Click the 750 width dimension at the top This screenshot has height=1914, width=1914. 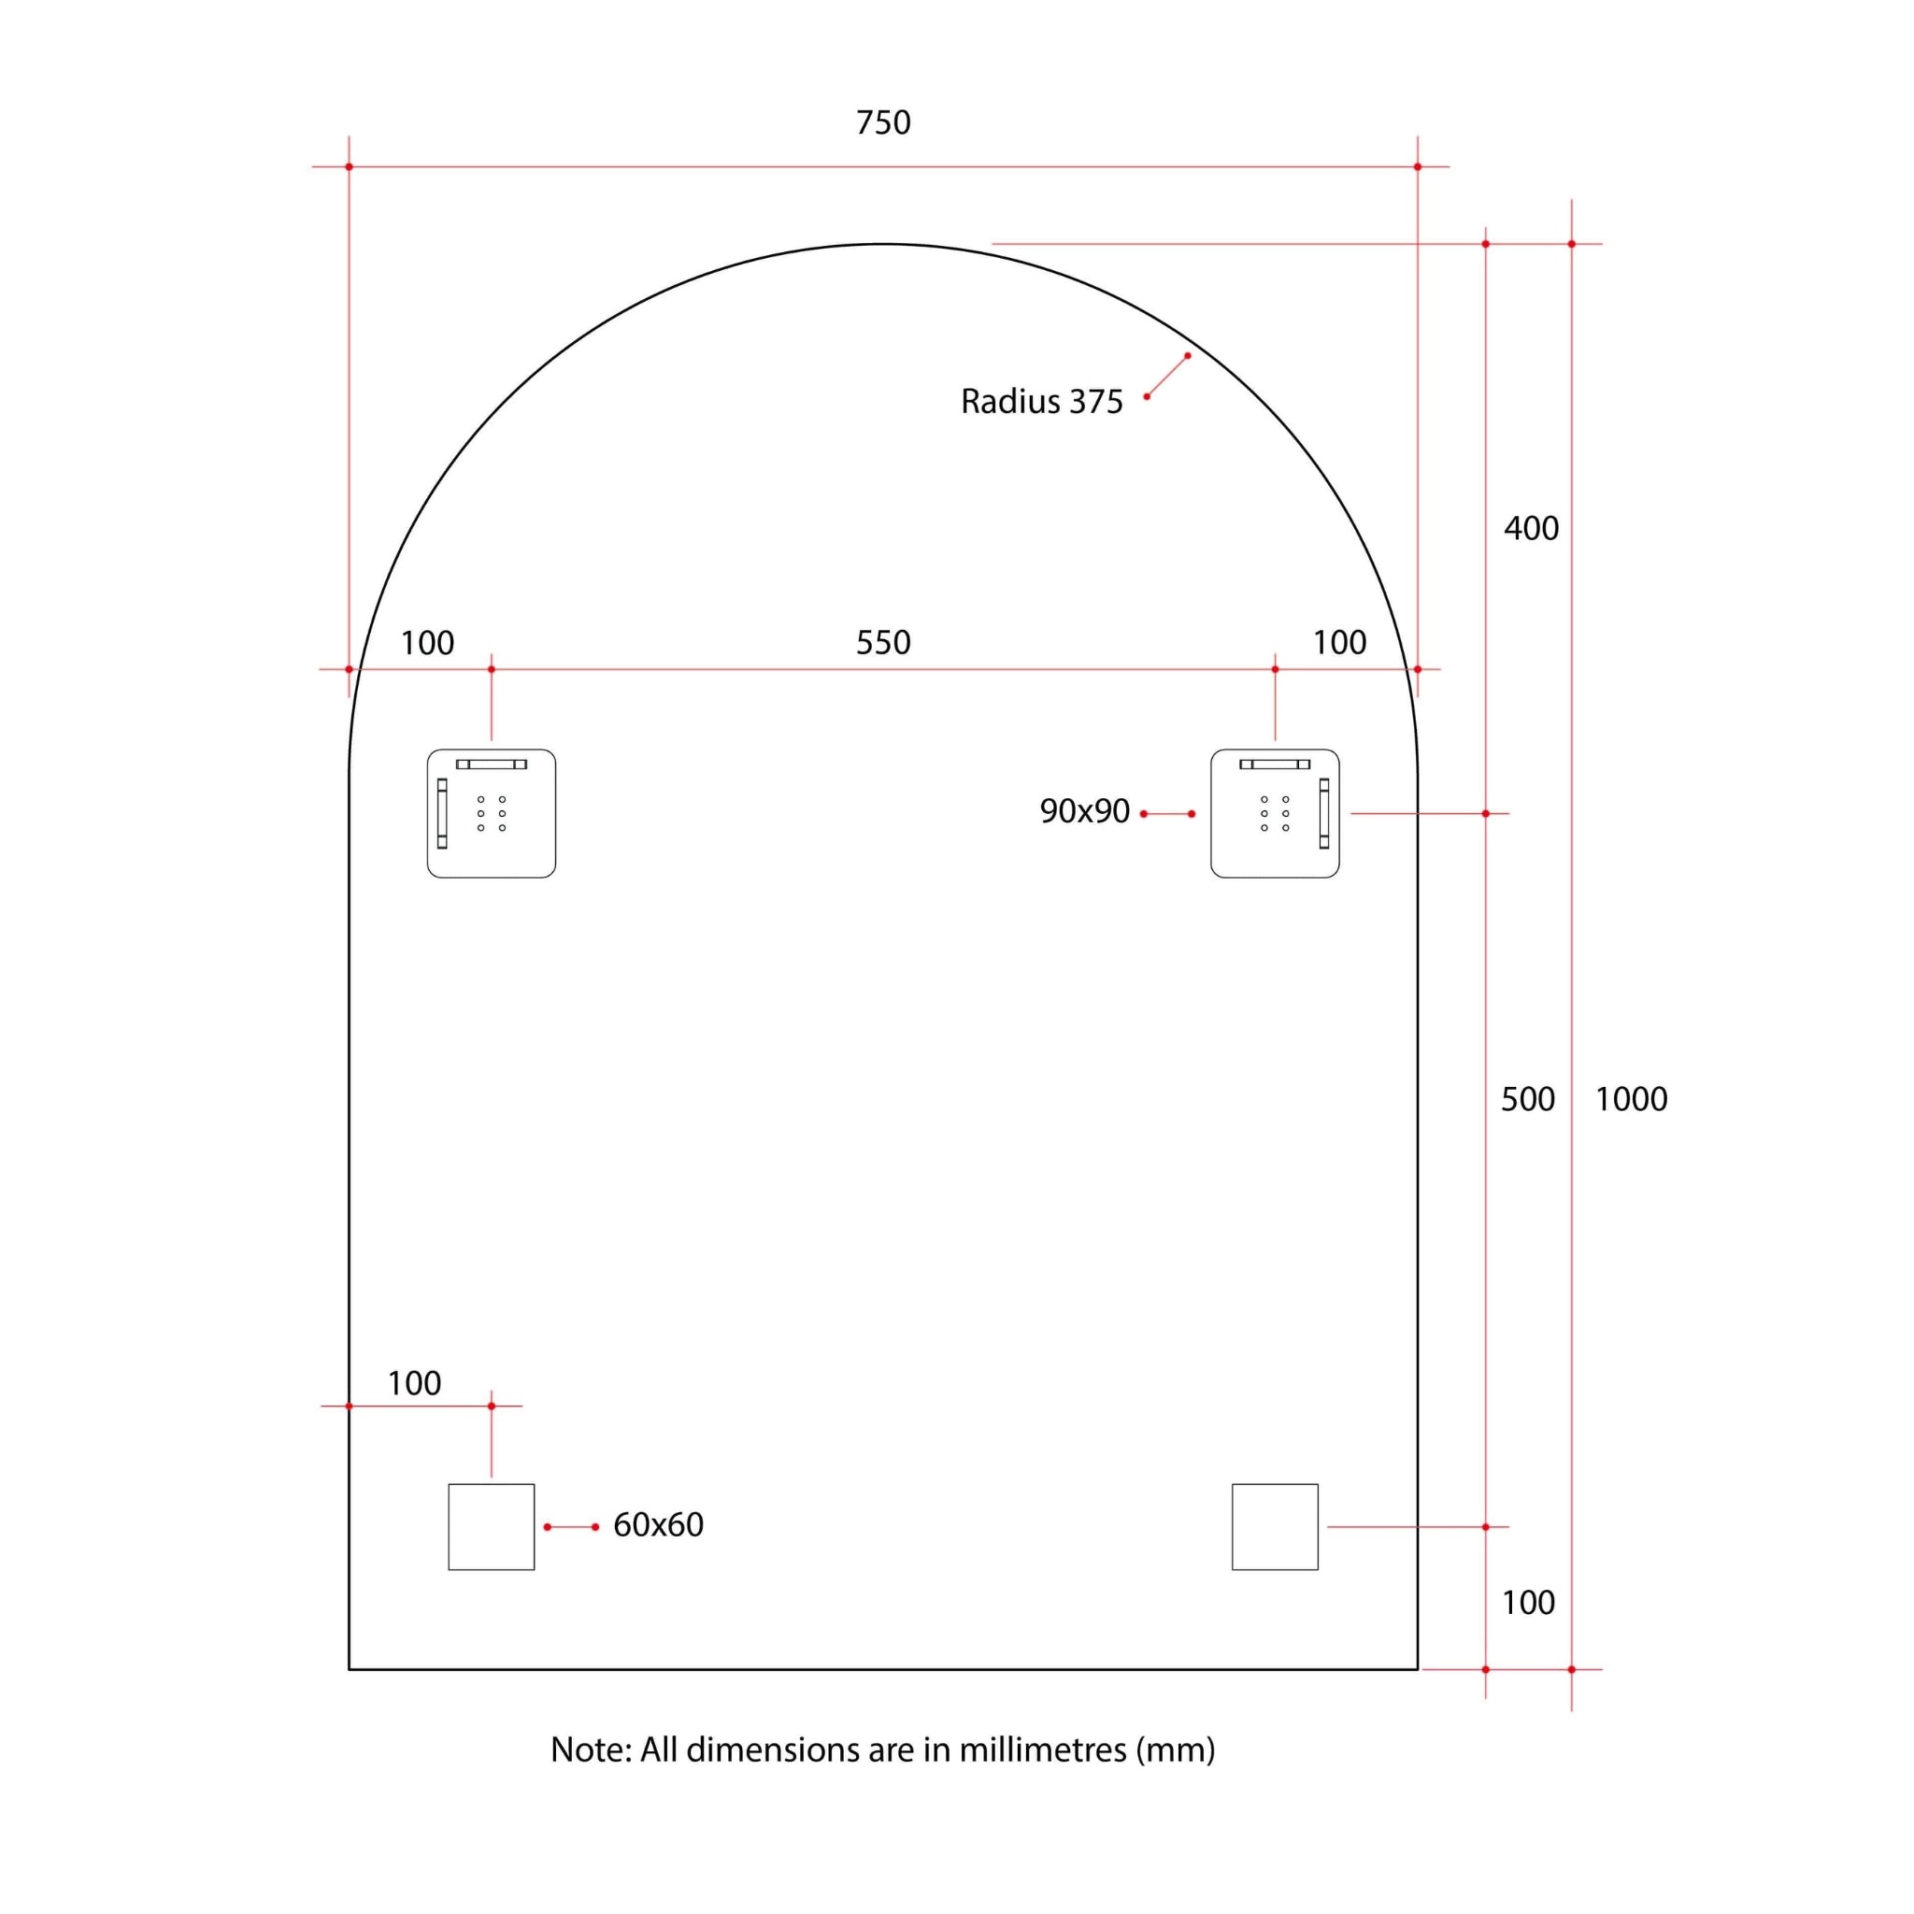882,122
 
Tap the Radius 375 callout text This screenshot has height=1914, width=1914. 1041,401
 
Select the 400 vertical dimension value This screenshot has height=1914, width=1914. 1531,528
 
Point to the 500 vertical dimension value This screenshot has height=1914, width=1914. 1528,1099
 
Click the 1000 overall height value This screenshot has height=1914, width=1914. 1631,1099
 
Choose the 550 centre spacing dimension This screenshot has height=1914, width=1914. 882,643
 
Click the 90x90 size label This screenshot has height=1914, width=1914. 1084,811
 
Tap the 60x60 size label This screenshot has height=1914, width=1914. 658,1524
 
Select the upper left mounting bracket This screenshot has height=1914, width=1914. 492,813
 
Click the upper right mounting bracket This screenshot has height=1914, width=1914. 1275,813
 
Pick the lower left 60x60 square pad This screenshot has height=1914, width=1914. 492,1527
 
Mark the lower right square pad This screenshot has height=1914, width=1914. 1275,1527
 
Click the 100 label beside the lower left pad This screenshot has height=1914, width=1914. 414,1383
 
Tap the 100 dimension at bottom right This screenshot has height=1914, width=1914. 1528,1603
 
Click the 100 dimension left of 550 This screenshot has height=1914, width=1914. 427,643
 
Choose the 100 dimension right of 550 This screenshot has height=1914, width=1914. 1339,643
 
